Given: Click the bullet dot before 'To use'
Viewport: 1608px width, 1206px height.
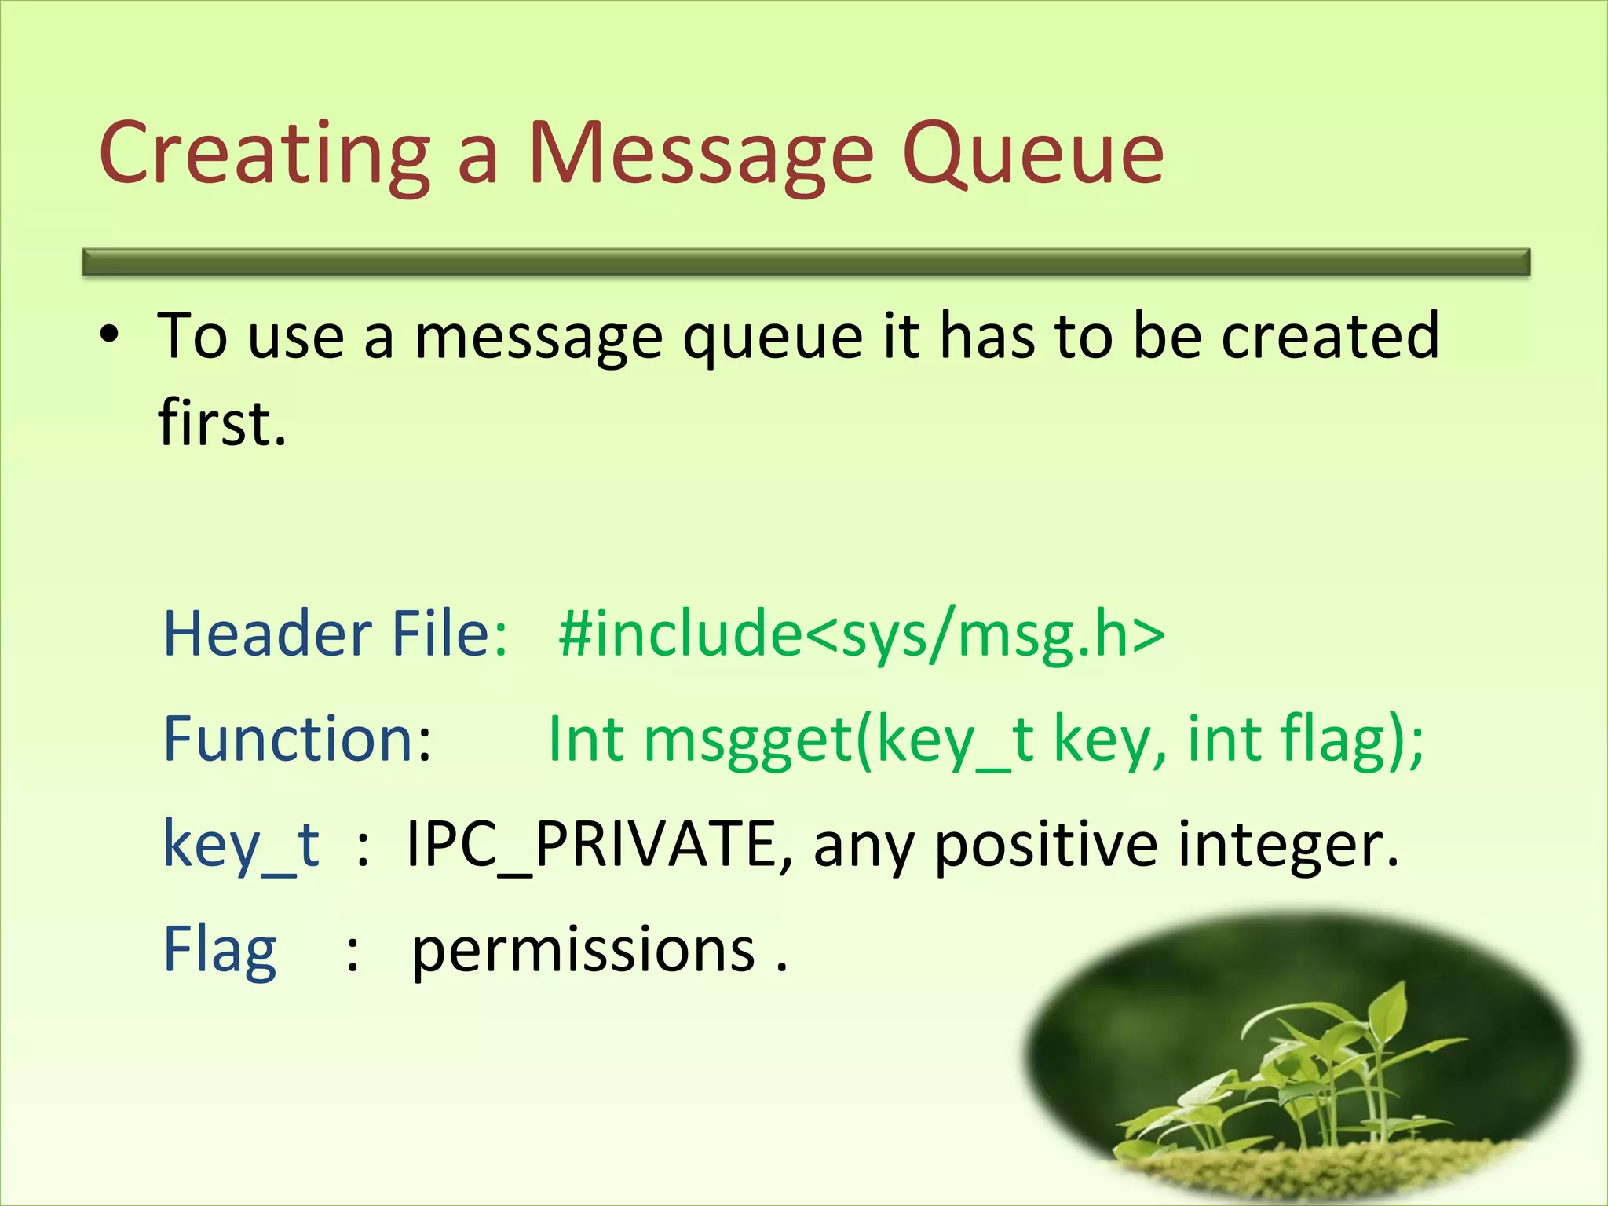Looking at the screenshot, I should [x=110, y=335].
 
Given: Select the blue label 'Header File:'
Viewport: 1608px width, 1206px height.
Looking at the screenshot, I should [x=335, y=634].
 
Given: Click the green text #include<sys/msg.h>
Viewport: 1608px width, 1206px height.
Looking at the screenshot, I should [x=861, y=634].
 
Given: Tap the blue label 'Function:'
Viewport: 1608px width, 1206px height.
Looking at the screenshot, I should [x=297, y=739].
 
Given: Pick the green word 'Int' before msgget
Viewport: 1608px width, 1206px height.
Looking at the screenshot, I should [x=586, y=739].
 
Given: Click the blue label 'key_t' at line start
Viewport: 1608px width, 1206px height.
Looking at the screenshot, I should [x=241, y=846].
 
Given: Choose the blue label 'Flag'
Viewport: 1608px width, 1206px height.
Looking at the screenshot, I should [x=219, y=950].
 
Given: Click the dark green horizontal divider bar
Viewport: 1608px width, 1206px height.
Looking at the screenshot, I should [x=806, y=261].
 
